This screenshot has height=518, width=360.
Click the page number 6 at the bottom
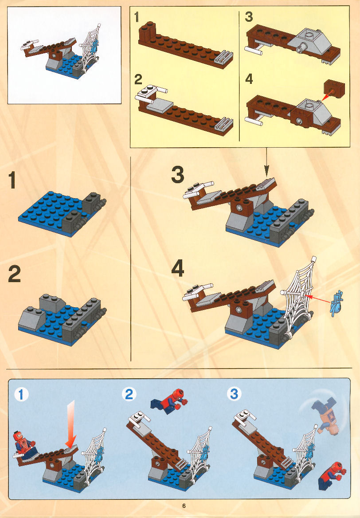tap(184, 506)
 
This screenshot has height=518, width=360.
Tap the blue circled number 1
tap(21, 394)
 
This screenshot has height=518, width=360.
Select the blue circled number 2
tap(129, 394)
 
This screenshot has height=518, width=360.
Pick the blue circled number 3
tap(234, 393)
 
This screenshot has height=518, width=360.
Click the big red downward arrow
tap(71, 423)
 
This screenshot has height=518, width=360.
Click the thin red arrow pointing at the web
tap(317, 298)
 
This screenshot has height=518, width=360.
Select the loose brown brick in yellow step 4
tap(335, 89)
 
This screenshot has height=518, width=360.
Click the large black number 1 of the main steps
tap(12, 180)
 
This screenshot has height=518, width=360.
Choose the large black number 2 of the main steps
tap(14, 274)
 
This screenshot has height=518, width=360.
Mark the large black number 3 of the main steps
tap(178, 175)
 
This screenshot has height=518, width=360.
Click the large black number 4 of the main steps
tap(178, 268)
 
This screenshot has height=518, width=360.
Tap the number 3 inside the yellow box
tap(249, 16)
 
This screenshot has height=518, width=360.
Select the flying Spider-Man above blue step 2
tap(169, 401)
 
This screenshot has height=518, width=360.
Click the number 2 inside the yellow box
tap(138, 80)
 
